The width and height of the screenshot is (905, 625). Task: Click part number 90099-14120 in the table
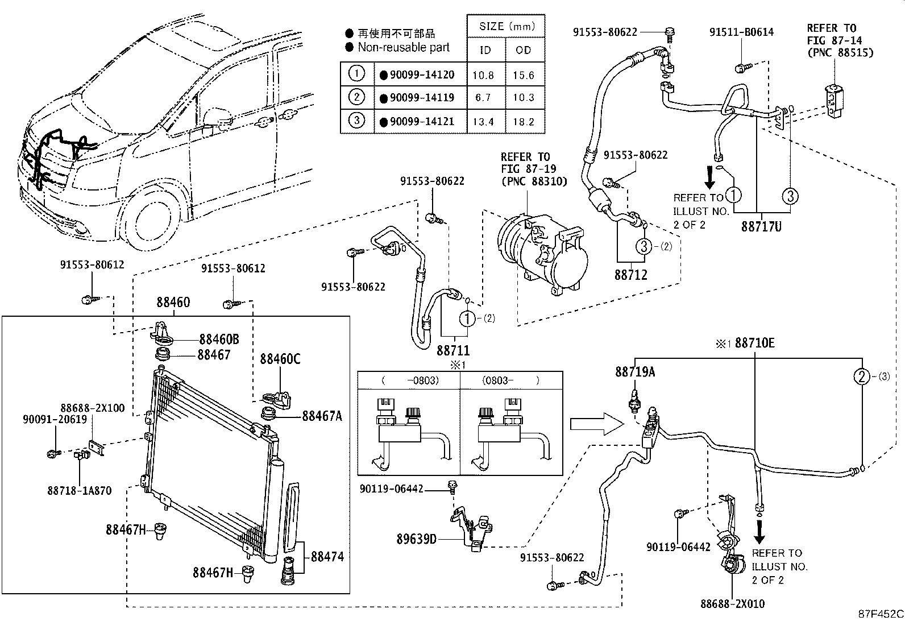click(x=422, y=75)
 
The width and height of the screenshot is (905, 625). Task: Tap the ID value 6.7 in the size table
click(x=483, y=98)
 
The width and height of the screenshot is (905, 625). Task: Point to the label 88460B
click(x=219, y=340)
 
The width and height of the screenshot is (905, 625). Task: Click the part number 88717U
click(x=761, y=226)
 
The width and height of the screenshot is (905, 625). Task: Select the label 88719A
click(x=635, y=372)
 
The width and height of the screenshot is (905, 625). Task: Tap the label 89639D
click(x=416, y=538)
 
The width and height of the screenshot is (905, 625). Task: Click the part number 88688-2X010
click(x=732, y=604)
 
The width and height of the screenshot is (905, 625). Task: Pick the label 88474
click(x=326, y=556)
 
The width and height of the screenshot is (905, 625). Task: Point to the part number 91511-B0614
click(x=741, y=32)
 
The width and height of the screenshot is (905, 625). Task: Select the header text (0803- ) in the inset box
click(x=510, y=380)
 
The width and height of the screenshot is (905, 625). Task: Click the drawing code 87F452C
click(x=880, y=614)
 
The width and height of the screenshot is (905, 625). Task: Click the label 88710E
click(x=754, y=343)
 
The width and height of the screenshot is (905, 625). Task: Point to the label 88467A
click(x=322, y=416)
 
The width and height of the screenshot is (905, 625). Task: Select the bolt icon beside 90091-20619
click(x=54, y=453)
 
